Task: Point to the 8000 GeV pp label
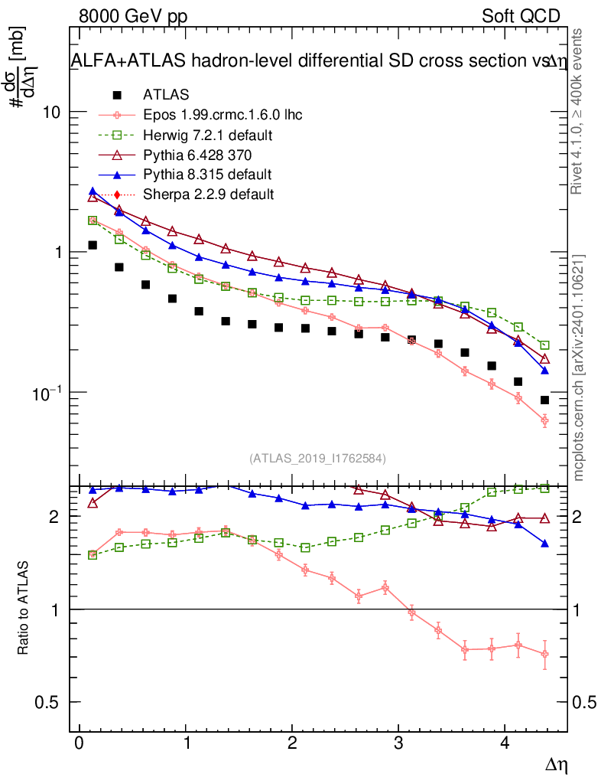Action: click(133, 16)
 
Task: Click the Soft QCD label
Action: click(521, 16)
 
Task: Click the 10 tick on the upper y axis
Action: click(52, 112)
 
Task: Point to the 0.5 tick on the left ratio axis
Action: click(50, 702)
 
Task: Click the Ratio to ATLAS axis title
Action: click(24, 608)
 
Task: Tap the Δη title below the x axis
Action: click(556, 764)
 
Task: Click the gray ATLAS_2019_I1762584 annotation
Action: click(317, 458)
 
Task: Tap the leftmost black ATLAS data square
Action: click(93, 245)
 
